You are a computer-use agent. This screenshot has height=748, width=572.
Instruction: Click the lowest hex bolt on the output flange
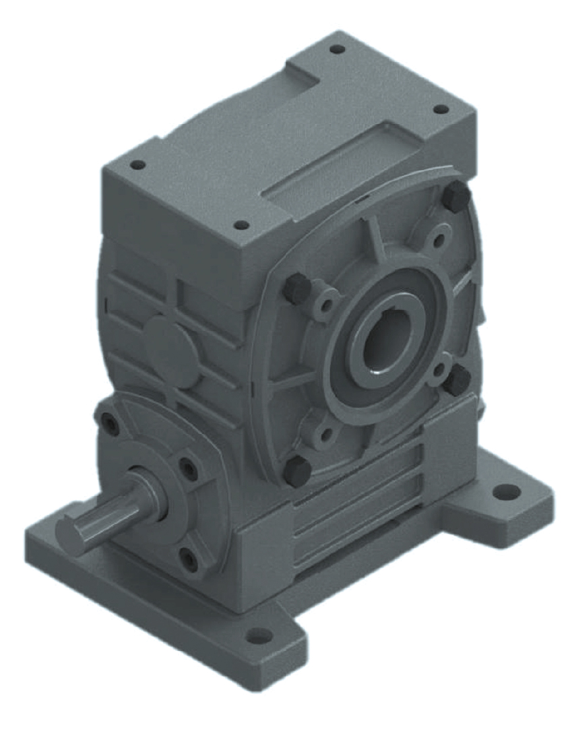pos(297,470)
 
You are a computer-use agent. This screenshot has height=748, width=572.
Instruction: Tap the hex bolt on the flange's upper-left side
pos(296,288)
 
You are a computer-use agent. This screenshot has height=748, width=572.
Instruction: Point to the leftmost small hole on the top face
pos(137,164)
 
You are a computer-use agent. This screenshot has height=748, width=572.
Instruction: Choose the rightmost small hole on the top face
pos(440,109)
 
